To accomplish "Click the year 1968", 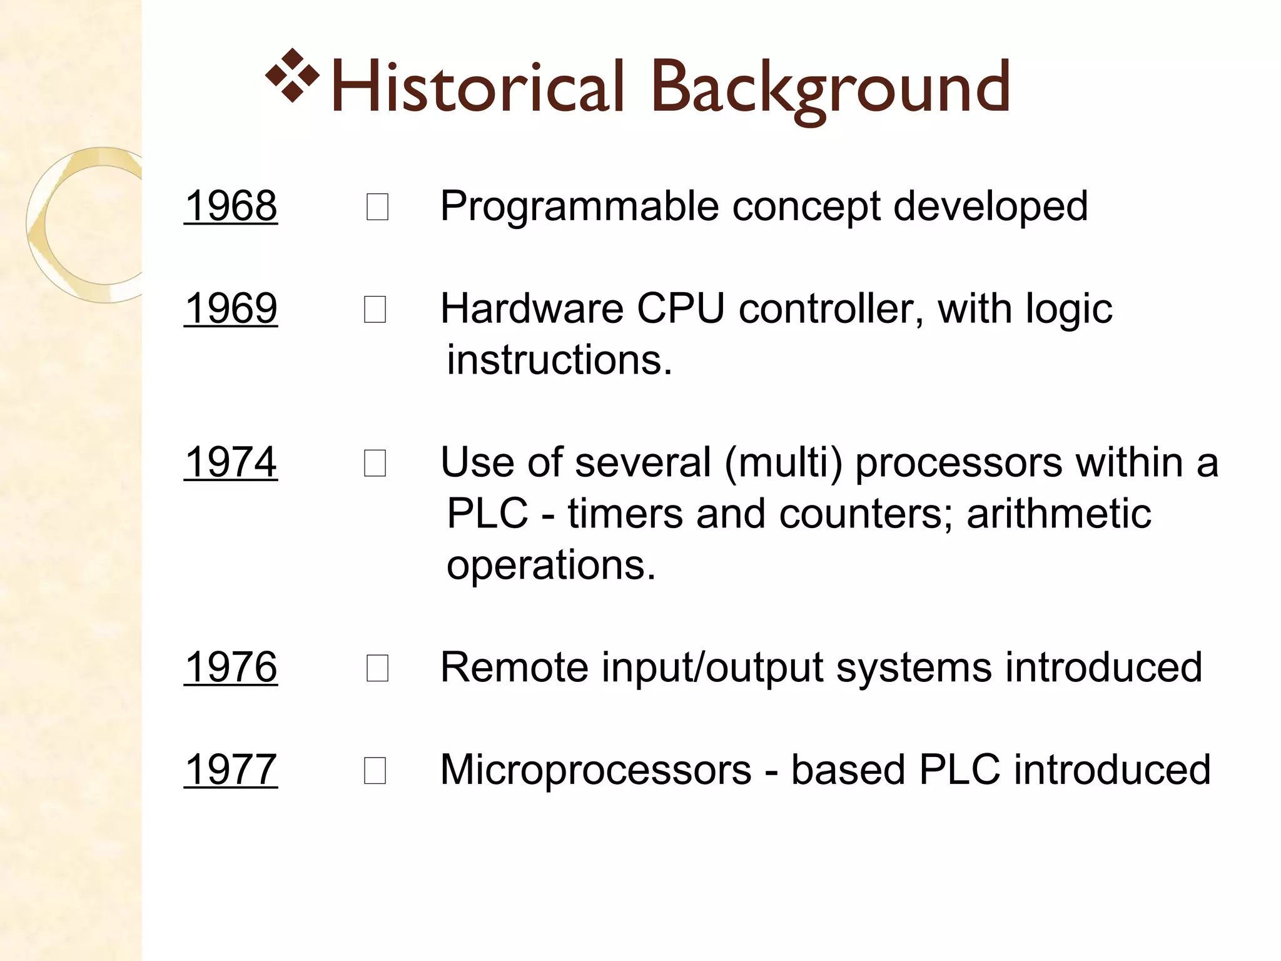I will (x=231, y=206).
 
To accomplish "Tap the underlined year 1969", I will (x=231, y=308).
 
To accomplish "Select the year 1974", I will (x=231, y=462).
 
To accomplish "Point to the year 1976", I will (x=231, y=667).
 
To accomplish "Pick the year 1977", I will (x=231, y=770).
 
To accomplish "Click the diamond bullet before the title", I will (x=292, y=75).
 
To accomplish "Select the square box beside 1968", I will (x=377, y=207).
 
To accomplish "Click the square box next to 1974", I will (x=375, y=464).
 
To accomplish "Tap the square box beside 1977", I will (x=375, y=771).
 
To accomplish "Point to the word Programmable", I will (x=579, y=206).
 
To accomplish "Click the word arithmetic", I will (x=1058, y=514).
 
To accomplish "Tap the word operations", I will (x=550, y=565).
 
